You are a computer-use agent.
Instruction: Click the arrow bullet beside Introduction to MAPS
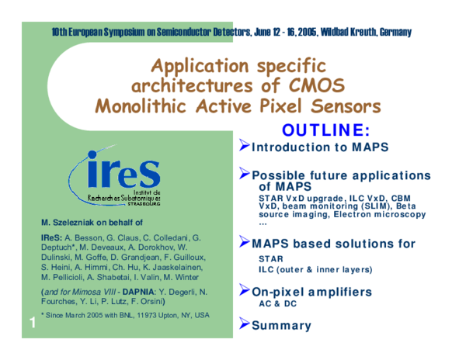[x=243, y=146]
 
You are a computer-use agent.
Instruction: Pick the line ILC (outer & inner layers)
[x=315, y=269]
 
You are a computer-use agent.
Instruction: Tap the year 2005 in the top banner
[x=302, y=32]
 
